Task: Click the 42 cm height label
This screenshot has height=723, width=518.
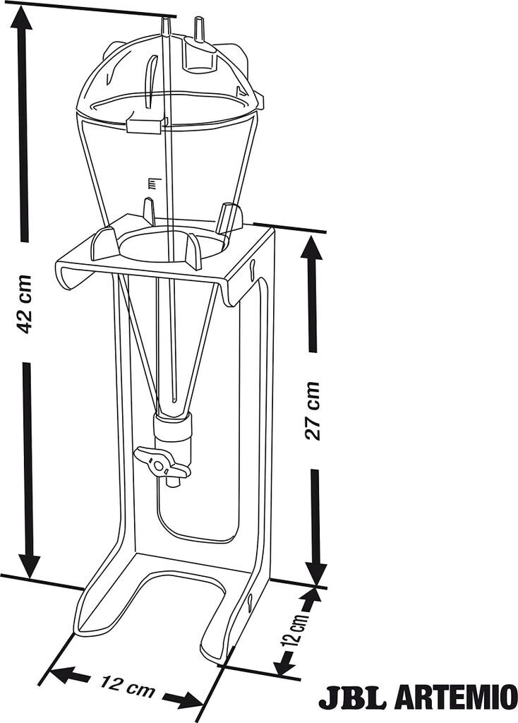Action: tap(25, 304)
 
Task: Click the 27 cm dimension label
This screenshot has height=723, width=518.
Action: tap(313, 411)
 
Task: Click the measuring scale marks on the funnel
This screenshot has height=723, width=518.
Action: tap(150, 184)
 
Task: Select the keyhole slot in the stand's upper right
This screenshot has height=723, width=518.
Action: tap(251, 266)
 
